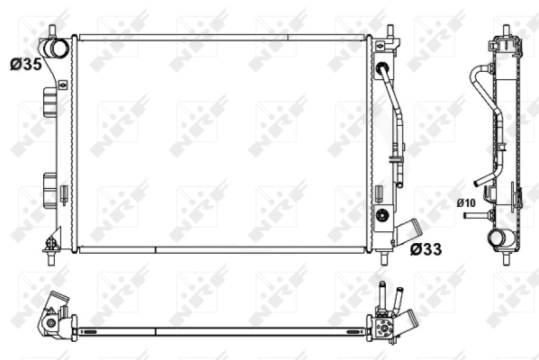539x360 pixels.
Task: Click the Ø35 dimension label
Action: point(26,64)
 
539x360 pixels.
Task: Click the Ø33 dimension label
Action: point(426,249)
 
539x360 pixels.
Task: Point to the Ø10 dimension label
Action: point(466,203)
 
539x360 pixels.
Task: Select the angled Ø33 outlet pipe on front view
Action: point(409,230)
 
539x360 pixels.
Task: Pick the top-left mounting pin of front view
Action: point(52,31)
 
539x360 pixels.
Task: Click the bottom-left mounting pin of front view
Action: point(51,258)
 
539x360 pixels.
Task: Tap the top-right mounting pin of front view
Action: point(390,31)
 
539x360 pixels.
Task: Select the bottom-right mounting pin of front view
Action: point(384,258)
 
